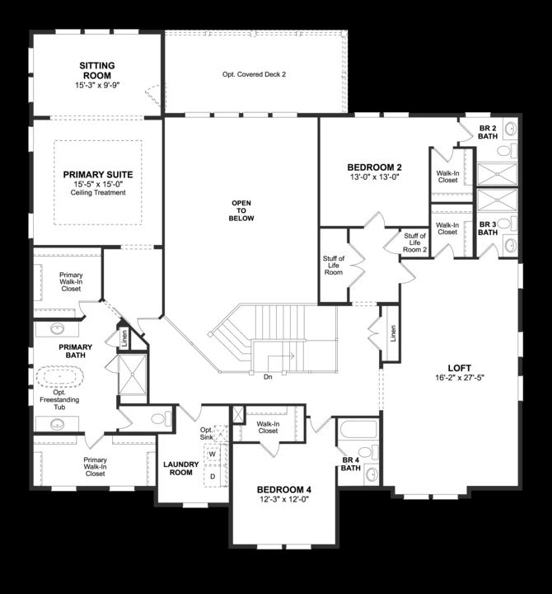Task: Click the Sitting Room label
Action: [x=97, y=65]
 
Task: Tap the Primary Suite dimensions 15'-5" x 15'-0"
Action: [x=98, y=184]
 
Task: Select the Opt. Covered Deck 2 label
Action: [x=254, y=74]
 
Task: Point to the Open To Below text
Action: [x=242, y=210]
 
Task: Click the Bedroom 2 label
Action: [x=374, y=166]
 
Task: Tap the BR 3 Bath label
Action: [x=489, y=229]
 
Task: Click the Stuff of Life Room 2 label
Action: [x=414, y=243]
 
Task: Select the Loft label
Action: [x=458, y=368]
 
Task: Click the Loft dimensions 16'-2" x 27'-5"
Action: [x=458, y=379]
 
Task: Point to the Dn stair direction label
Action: [x=268, y=376]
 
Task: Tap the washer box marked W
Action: [x=212, y=454]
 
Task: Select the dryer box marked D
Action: [x=212, y=476]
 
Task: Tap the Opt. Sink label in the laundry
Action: [x=207, y=434]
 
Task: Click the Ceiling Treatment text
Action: [x=98, y=193]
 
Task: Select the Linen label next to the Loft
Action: [x=392, y=334]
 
